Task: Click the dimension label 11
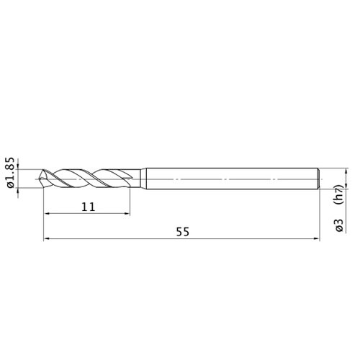(89, 207)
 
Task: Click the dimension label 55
(183, 232)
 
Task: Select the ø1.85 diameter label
(12, 173)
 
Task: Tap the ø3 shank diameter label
(340, 225)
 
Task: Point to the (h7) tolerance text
(341, 194)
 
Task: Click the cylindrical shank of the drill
(233, 179)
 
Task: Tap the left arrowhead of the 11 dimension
(46, 213)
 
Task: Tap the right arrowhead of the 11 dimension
(127, 213)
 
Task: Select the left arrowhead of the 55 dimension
(46, 238)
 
